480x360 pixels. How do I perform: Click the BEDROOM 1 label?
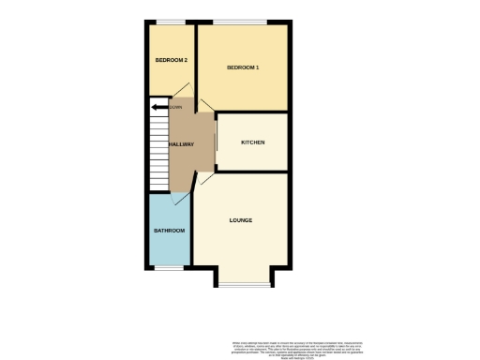(243, 68)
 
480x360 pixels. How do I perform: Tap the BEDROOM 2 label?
(172, 60)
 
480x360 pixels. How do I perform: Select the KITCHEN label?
(253, 142)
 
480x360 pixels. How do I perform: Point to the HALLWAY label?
(181, 144)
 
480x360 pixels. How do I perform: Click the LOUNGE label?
(240, 220)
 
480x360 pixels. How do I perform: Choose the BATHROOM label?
(169, 231)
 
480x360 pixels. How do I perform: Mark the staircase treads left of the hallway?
(157, 150)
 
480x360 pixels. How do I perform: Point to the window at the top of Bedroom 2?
(170, 22)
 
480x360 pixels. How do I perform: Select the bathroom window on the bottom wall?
(169, 268)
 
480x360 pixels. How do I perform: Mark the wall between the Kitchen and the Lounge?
(250, 172)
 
